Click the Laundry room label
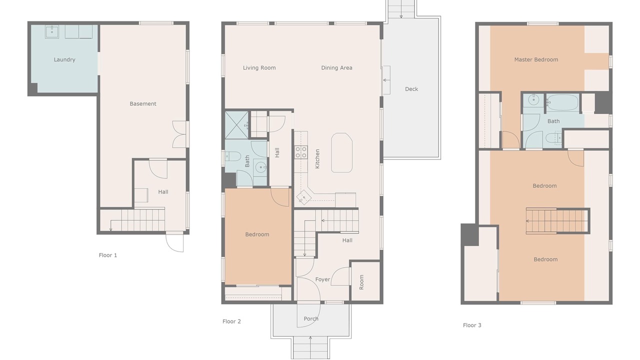(x=64, y=59)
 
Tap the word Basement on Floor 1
(x=143, y=103)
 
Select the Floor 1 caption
(x=107, y=255)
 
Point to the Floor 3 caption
(x=472, y=325)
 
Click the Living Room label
(x=259, y=67)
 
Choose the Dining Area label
(x=336, y=67)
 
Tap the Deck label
(x=411, y=89)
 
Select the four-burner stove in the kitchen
(x=301, y=152)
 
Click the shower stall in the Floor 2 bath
(x=236, y=125)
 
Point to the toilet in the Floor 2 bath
(x=231, y=156)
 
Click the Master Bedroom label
(x=536, y=59)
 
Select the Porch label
(x=311, y=318)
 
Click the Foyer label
(x=322, y=279)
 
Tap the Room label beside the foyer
(x=361, y=282)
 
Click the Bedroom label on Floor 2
(x=257, y=234)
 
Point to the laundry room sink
(x=51, y=32)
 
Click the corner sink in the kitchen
(x=303, y=197)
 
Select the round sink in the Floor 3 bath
(x=533, y=100)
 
